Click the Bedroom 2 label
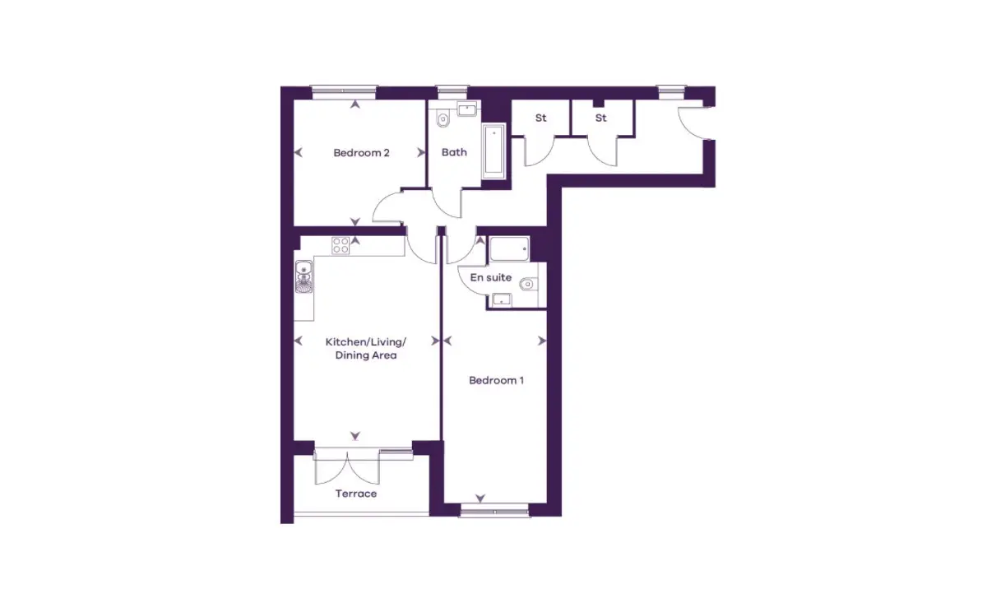coord(361,153)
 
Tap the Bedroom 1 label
coord(496,380)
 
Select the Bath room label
coord(454,152)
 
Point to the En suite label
coord(491,277)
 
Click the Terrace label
coord(356,494)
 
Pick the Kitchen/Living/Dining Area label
coord(366,348)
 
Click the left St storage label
coord(540,118)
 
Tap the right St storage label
coord(601,118)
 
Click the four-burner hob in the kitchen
coord(341,246)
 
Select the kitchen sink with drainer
coord(304,276)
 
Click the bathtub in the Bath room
coord(494,151)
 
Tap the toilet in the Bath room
coord(443,118)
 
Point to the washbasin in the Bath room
coord(466,109)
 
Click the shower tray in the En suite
coord(510,248)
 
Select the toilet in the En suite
coord(528,284)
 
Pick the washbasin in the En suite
coord(502,299)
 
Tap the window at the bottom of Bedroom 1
coord(494,512)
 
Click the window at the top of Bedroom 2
coord(344,90)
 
